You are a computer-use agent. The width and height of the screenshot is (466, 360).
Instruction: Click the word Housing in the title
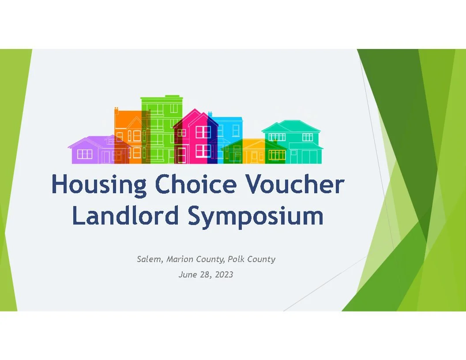(98, 185)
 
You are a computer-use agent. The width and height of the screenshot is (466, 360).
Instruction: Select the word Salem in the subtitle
(150, 259)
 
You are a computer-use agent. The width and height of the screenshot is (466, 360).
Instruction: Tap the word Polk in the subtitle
(236, 259)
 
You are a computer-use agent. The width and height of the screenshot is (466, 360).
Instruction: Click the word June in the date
(186, 275)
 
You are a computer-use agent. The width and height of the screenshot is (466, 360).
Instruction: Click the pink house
(196, 137)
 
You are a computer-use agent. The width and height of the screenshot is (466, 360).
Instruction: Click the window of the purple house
(85, 154)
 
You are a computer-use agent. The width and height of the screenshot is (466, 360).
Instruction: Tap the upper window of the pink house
(203, 131)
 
